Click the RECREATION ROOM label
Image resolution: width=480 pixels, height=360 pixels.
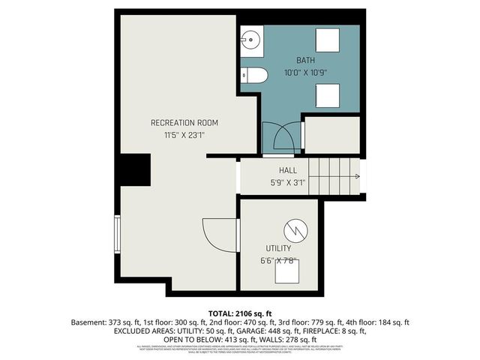coord(184,122)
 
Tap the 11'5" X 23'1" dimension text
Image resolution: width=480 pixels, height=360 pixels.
coord(184,135)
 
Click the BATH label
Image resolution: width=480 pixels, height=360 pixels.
coord(305,60)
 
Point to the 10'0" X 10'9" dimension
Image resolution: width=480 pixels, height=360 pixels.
coord(306,73)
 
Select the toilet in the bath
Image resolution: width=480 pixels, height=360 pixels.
coord(253,74)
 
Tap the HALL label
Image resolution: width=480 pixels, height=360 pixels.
coord(289,170)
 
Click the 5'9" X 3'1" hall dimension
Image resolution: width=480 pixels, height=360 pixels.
coord(288,182)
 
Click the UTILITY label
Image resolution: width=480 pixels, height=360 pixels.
coord(278,247)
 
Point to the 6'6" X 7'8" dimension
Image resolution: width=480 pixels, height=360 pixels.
coord(278,260)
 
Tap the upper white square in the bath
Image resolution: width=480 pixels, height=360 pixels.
coord(326,39)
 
